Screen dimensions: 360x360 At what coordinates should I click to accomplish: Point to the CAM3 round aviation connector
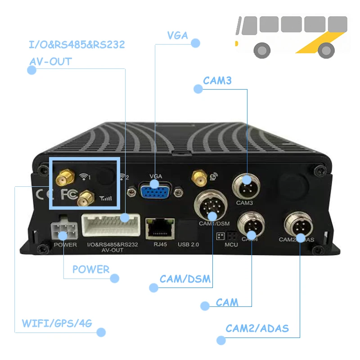247,184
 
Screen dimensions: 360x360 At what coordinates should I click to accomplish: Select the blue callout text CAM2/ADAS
257,328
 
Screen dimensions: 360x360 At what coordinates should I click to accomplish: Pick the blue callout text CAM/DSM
185,279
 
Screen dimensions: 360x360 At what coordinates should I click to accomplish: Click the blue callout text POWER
91,270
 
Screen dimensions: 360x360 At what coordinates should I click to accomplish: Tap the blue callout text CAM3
217,81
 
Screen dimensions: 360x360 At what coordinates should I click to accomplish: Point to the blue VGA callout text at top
177,36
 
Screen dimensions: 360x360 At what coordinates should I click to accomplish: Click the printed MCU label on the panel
231,245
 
